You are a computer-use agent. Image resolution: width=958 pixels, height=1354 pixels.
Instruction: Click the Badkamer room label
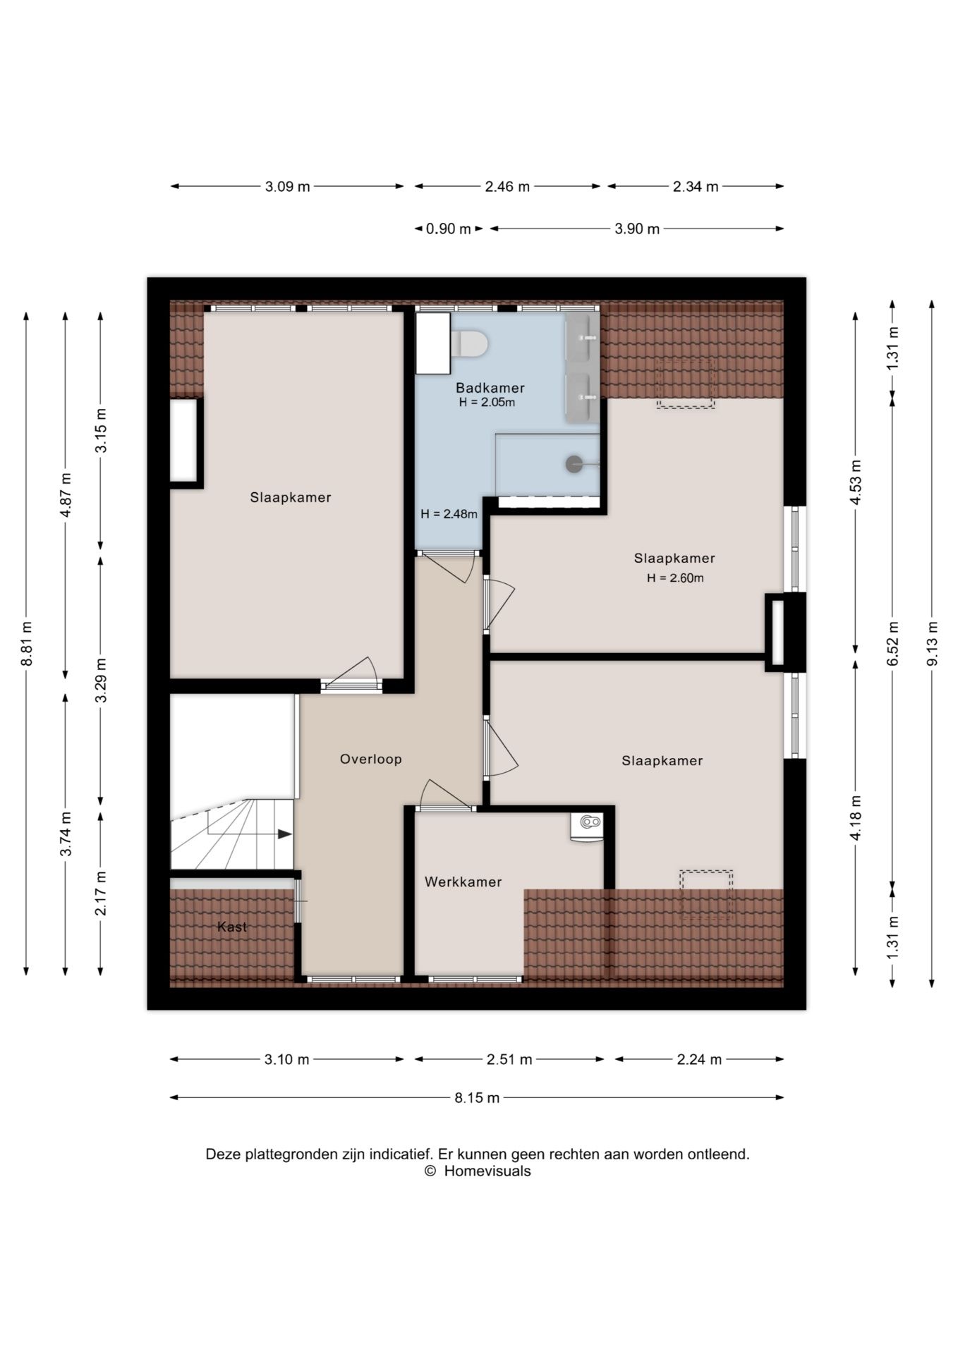coord(490,388)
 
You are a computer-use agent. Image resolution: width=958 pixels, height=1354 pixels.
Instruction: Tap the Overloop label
coord(370,759)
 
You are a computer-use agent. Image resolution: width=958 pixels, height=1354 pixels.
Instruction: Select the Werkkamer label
coord(463,882)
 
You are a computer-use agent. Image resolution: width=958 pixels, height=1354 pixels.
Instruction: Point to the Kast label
coord(232,927)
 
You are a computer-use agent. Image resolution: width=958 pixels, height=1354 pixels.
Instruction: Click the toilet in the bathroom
coord(469,343)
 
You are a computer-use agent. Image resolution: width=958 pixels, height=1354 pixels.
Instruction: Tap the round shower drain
coord(574,463)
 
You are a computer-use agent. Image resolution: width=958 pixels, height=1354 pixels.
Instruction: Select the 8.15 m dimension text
coord(477,1097)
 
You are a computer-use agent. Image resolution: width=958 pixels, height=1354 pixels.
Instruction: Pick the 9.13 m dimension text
coord(932,644)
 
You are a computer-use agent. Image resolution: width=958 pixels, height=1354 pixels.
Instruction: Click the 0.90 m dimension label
coord(448,228)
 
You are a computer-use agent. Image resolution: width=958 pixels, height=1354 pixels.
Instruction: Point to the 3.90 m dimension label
coord(637,228)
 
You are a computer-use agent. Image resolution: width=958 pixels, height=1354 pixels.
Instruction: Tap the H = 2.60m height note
coord(675,578)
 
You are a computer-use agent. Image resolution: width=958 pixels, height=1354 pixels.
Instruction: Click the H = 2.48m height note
coord(449,514)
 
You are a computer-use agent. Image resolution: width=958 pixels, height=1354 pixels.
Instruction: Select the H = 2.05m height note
coord(487,403)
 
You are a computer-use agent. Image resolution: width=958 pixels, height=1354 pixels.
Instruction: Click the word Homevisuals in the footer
coord(487,1171)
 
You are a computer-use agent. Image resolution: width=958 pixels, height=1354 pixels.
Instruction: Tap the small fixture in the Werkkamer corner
coord(588,826)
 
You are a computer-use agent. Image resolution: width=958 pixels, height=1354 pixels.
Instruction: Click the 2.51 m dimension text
coord(509,1059)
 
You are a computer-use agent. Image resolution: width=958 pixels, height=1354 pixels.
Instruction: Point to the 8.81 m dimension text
coord(26,644)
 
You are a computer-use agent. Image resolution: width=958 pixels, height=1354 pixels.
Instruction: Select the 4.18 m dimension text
coord(856,817)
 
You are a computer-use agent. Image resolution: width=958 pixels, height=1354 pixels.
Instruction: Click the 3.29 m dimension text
coord(101,680)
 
